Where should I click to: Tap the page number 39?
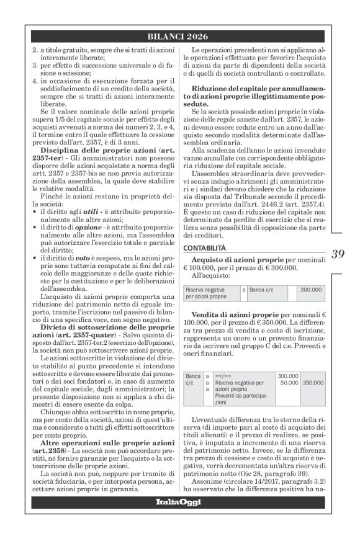338,254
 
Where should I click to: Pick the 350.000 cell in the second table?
317,384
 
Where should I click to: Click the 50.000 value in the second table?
291,384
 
